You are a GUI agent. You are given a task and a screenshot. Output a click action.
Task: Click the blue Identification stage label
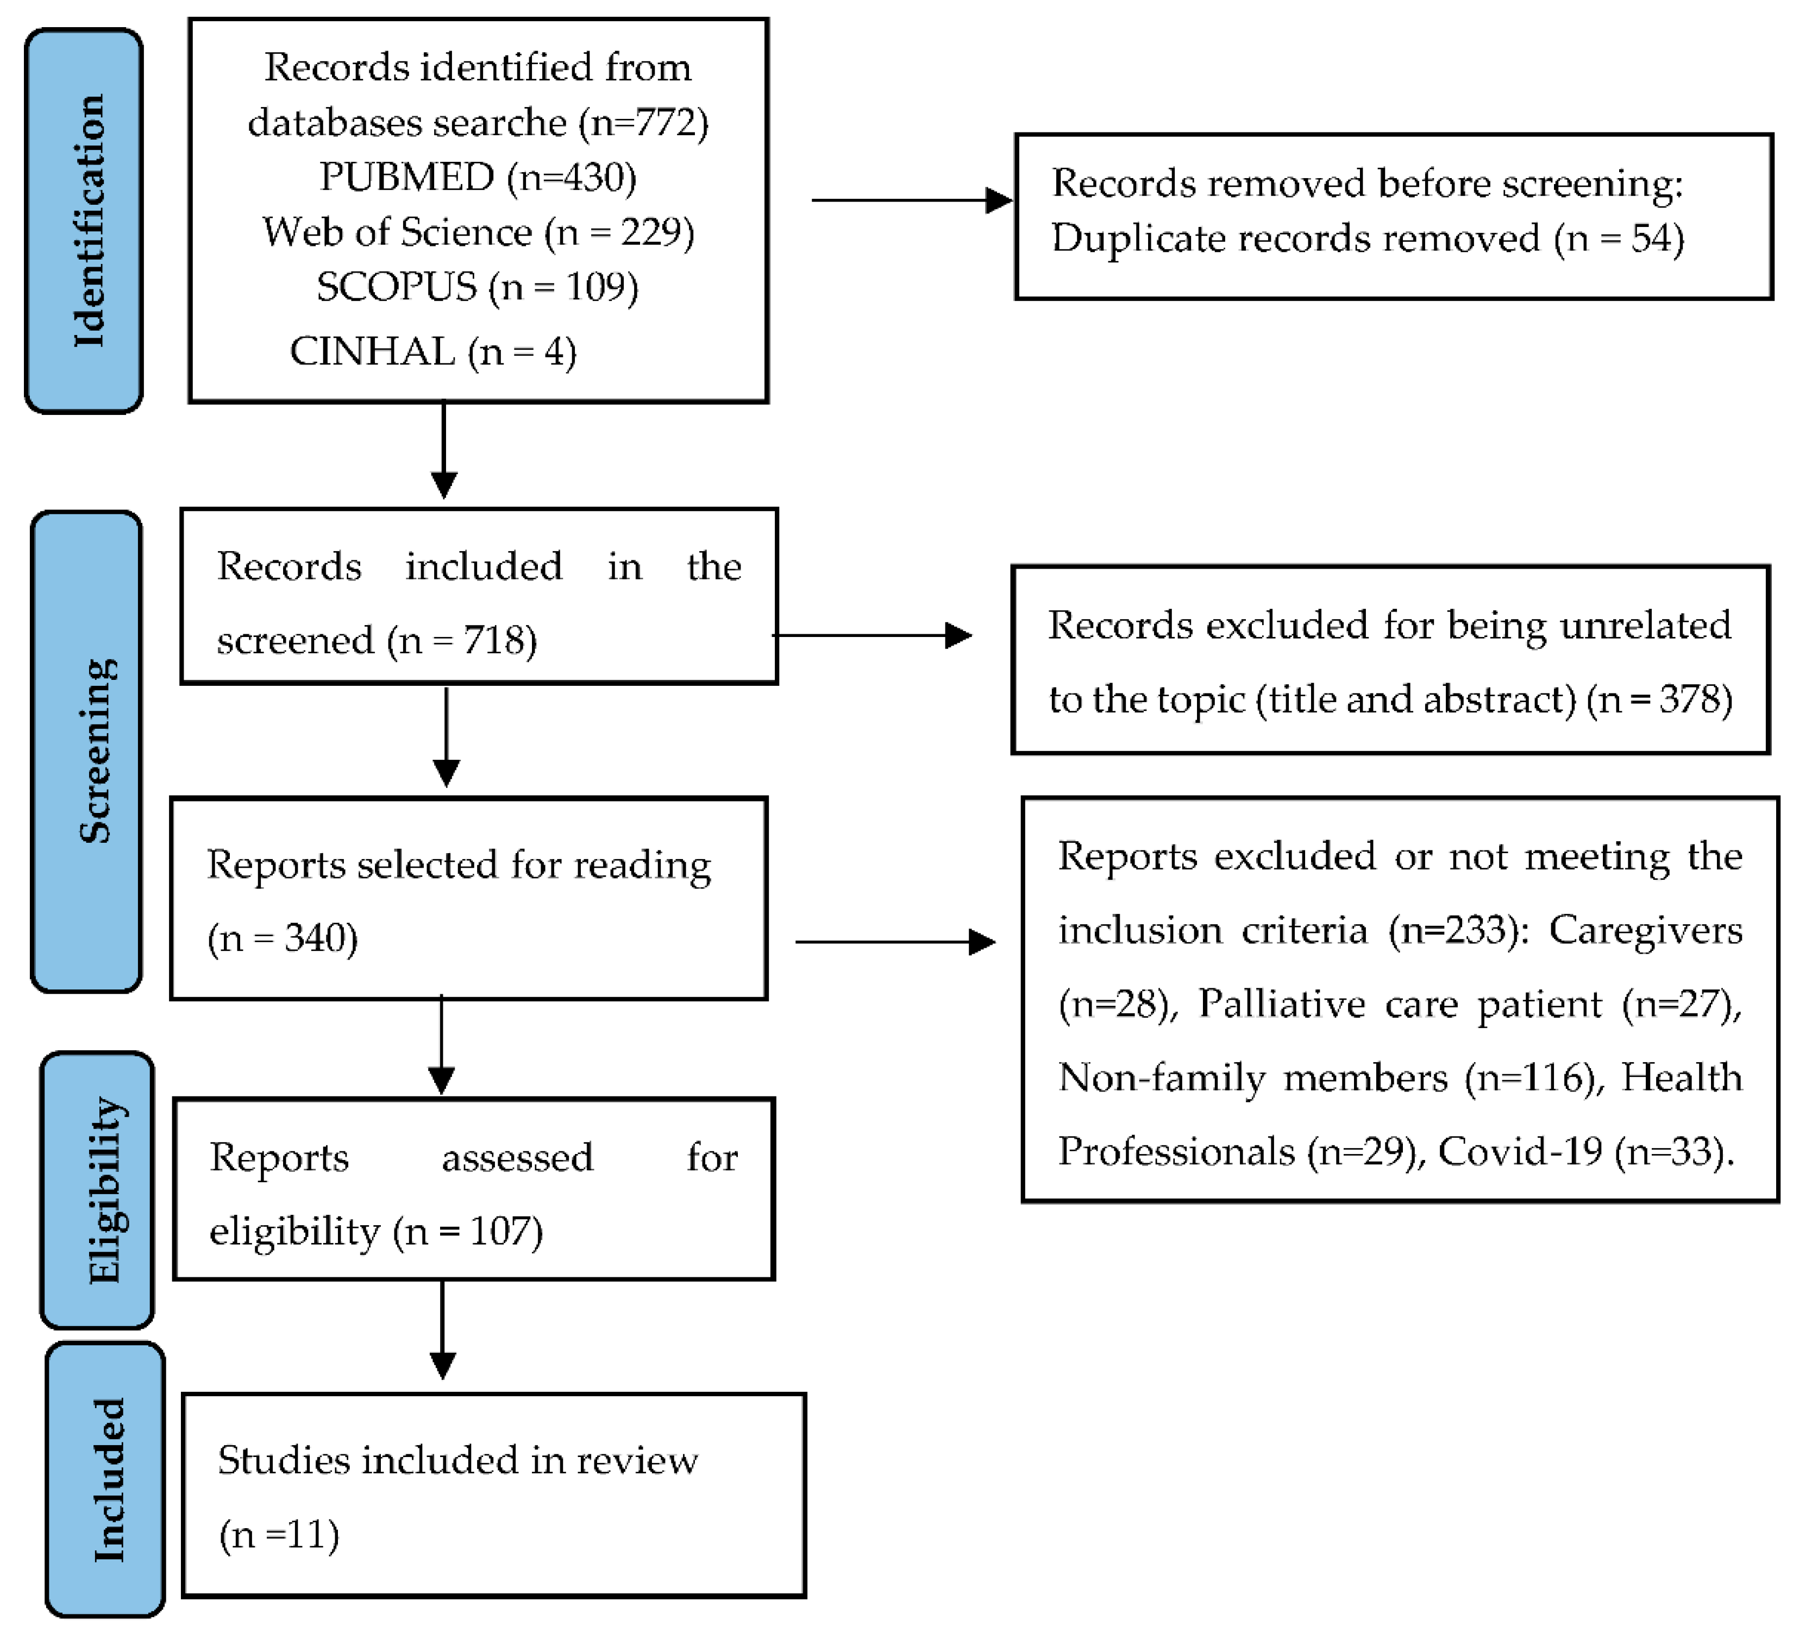click(84, 221)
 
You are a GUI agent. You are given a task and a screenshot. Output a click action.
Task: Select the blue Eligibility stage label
click(97, 1190)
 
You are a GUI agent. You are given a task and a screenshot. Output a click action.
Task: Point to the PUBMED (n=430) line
click(478, 178)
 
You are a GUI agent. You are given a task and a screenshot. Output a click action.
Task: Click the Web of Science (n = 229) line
click(478, 232)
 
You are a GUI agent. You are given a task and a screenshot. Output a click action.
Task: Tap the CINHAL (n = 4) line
click(433, 351)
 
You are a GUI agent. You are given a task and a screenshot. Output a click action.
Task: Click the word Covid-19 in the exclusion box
click(1520, 1152)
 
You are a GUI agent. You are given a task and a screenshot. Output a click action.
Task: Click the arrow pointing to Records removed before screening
click(911, 200)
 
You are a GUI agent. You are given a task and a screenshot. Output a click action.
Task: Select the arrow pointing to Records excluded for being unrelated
click(871, 635)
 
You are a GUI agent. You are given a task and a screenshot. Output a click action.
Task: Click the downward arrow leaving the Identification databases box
click(444, 451)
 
